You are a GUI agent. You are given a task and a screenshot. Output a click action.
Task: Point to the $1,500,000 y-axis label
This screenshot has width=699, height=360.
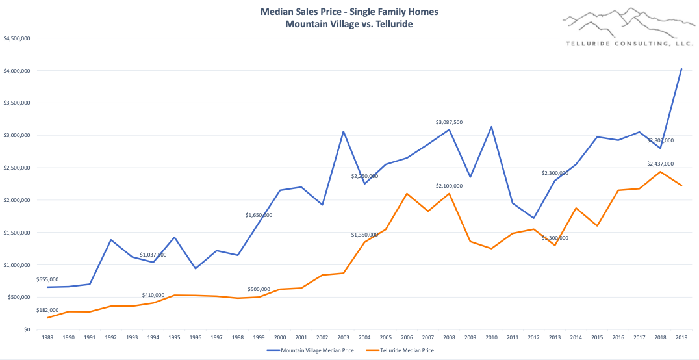click(x=16, y=233)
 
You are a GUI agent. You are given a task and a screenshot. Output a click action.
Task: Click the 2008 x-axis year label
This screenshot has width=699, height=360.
click(x=448, y=338)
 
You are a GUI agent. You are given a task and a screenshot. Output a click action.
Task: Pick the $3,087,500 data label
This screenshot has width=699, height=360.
click(x=449, y=122)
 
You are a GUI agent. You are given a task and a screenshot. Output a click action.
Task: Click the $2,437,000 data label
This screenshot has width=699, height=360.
click(x=660, y=164)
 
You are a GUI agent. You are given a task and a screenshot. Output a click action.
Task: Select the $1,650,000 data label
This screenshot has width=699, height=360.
click(x=259, y=215)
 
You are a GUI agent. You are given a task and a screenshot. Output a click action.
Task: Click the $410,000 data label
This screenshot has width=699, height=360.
click(x=153, y=295)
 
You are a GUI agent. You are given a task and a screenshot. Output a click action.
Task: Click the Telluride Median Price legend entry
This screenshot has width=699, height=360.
click(x=400, y=350)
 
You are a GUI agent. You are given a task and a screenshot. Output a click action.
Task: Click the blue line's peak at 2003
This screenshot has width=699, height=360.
click(x=343, y=131)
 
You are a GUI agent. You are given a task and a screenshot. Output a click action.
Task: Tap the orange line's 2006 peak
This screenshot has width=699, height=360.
click(x=406, y=194)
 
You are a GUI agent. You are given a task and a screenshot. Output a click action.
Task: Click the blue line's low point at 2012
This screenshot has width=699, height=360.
click(x=533, y=218)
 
